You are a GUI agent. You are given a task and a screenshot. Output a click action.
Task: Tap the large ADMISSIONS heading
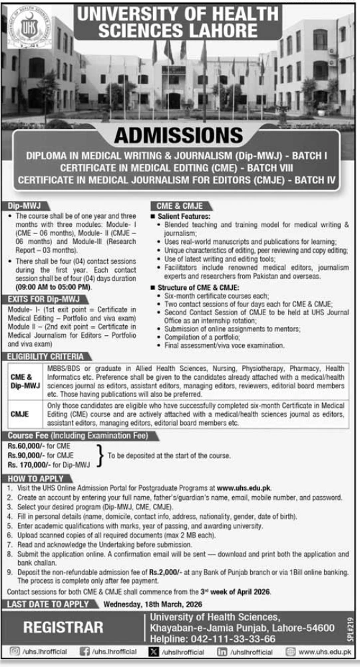click(x=179, y=135)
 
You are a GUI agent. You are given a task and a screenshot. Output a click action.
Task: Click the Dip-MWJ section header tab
click(x=20, y=206)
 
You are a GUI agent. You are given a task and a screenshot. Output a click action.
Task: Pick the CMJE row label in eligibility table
click(x=21, y=413)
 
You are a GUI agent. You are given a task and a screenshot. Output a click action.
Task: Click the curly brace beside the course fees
click(x=100, y=456)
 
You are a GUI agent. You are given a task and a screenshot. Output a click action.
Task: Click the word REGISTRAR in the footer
click(x=63, y=628)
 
